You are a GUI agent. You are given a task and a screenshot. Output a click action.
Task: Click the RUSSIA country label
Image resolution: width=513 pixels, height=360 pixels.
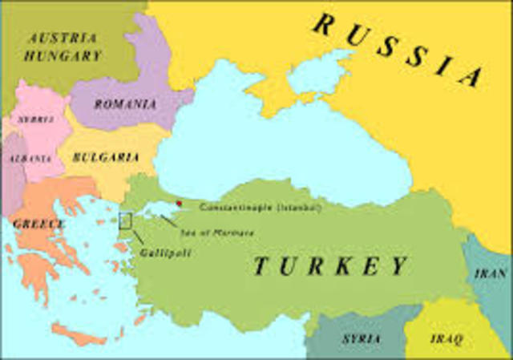(398, 49)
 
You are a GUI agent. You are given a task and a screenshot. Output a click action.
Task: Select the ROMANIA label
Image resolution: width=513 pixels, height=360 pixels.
(124, 104)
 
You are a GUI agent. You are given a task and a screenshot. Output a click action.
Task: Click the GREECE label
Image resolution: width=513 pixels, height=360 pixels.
(37, 224)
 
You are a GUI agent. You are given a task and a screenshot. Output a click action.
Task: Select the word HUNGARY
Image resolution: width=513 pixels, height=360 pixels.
(64, 56)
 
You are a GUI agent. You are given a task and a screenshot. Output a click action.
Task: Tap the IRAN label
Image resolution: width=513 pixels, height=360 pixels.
(490, 273)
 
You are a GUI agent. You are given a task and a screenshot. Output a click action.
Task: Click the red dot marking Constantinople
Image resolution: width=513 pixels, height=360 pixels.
(179, 204)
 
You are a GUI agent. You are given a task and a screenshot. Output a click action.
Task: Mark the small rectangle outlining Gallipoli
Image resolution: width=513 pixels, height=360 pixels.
(126, 220)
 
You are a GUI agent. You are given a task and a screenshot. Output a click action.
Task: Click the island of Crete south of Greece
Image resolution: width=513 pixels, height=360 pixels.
(80, 333)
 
